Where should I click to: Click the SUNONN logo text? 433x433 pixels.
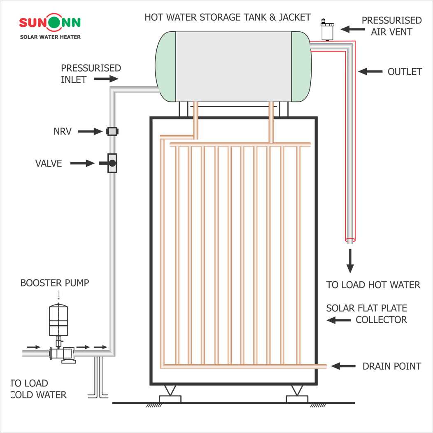49,23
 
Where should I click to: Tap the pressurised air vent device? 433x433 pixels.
328,30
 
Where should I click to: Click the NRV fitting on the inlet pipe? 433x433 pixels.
112,131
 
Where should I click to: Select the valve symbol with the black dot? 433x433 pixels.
112,163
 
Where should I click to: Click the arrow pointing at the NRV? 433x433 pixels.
90,131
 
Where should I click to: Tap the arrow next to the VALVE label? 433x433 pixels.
82,163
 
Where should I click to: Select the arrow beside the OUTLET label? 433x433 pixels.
370,72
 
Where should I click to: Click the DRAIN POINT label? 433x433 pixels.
391,366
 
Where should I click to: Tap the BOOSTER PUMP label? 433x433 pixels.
55,283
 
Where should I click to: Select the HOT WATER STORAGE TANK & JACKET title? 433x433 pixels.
228,17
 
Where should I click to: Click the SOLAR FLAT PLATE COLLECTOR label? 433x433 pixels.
367,314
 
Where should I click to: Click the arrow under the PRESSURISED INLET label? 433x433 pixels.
106,79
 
